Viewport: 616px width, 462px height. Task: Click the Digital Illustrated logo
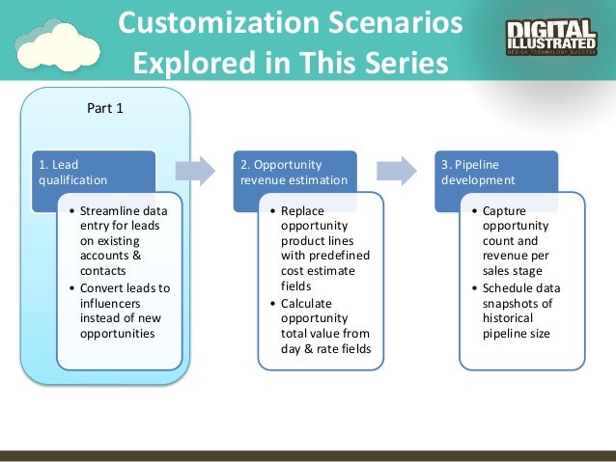point(551,36)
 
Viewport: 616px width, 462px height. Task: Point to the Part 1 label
point(105,107)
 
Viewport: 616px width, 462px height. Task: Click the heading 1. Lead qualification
point(72,172)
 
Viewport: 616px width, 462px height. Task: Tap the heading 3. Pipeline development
point(478,172)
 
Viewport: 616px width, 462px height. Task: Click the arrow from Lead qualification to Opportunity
point(195,171)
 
